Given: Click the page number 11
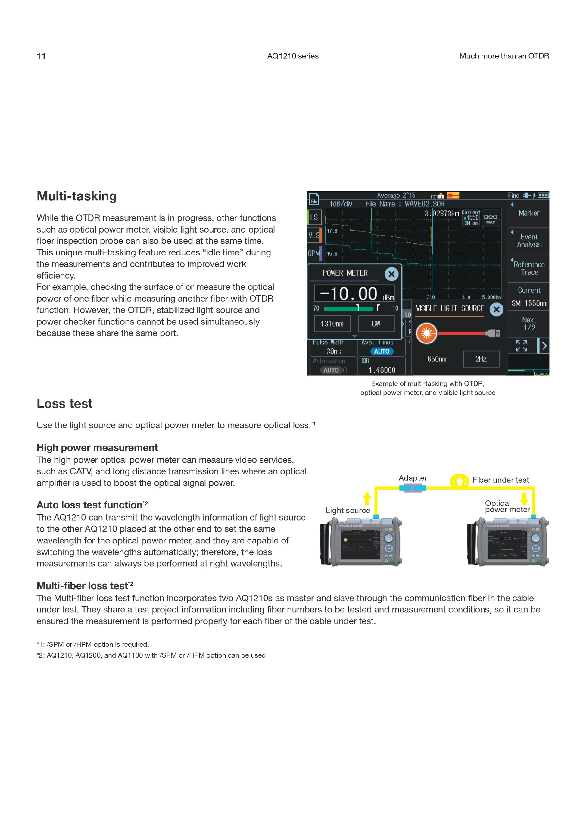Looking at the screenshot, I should (x=41, y=56).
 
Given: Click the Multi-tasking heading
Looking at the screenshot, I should (x=76, y=196).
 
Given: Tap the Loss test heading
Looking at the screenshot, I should (x=64, y=403).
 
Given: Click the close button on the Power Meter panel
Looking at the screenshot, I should (x=391, y=274).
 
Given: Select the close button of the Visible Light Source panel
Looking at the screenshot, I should (x=497, y=309).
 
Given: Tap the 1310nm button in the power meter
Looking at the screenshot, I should (x=332, y=324).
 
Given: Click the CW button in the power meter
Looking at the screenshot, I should (x=376, y=324).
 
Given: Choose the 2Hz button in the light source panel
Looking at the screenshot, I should (x=481, y=359).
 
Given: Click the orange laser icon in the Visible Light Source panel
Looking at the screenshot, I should (x=426, y=333).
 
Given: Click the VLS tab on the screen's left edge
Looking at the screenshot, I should (x=313, y=235).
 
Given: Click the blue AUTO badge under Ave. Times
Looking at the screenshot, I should (x=382, y=351).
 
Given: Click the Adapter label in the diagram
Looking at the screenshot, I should (x=413, y=478).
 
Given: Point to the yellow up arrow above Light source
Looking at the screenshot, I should (x=367, y=498).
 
